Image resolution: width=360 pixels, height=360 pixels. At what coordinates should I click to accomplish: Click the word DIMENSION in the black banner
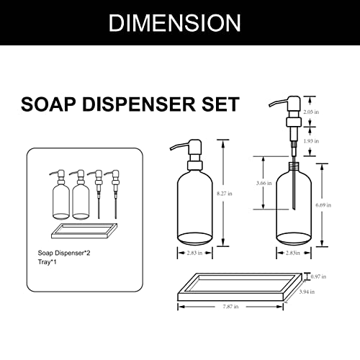(x=174, y=22)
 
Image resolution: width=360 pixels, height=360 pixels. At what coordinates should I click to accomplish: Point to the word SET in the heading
(x=218, y=104)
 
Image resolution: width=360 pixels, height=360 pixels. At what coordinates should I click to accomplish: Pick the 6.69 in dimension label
(x=324, y=205)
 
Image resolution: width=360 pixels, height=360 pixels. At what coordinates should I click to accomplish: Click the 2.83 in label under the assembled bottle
(x=189, y=253)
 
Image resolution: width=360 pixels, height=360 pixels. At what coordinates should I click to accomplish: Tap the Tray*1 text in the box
(x=48, y=264)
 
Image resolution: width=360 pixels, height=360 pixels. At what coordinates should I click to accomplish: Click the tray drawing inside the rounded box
(x=83, y=233)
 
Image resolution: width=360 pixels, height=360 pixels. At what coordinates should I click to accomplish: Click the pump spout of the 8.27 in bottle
(x=176, y=145)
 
